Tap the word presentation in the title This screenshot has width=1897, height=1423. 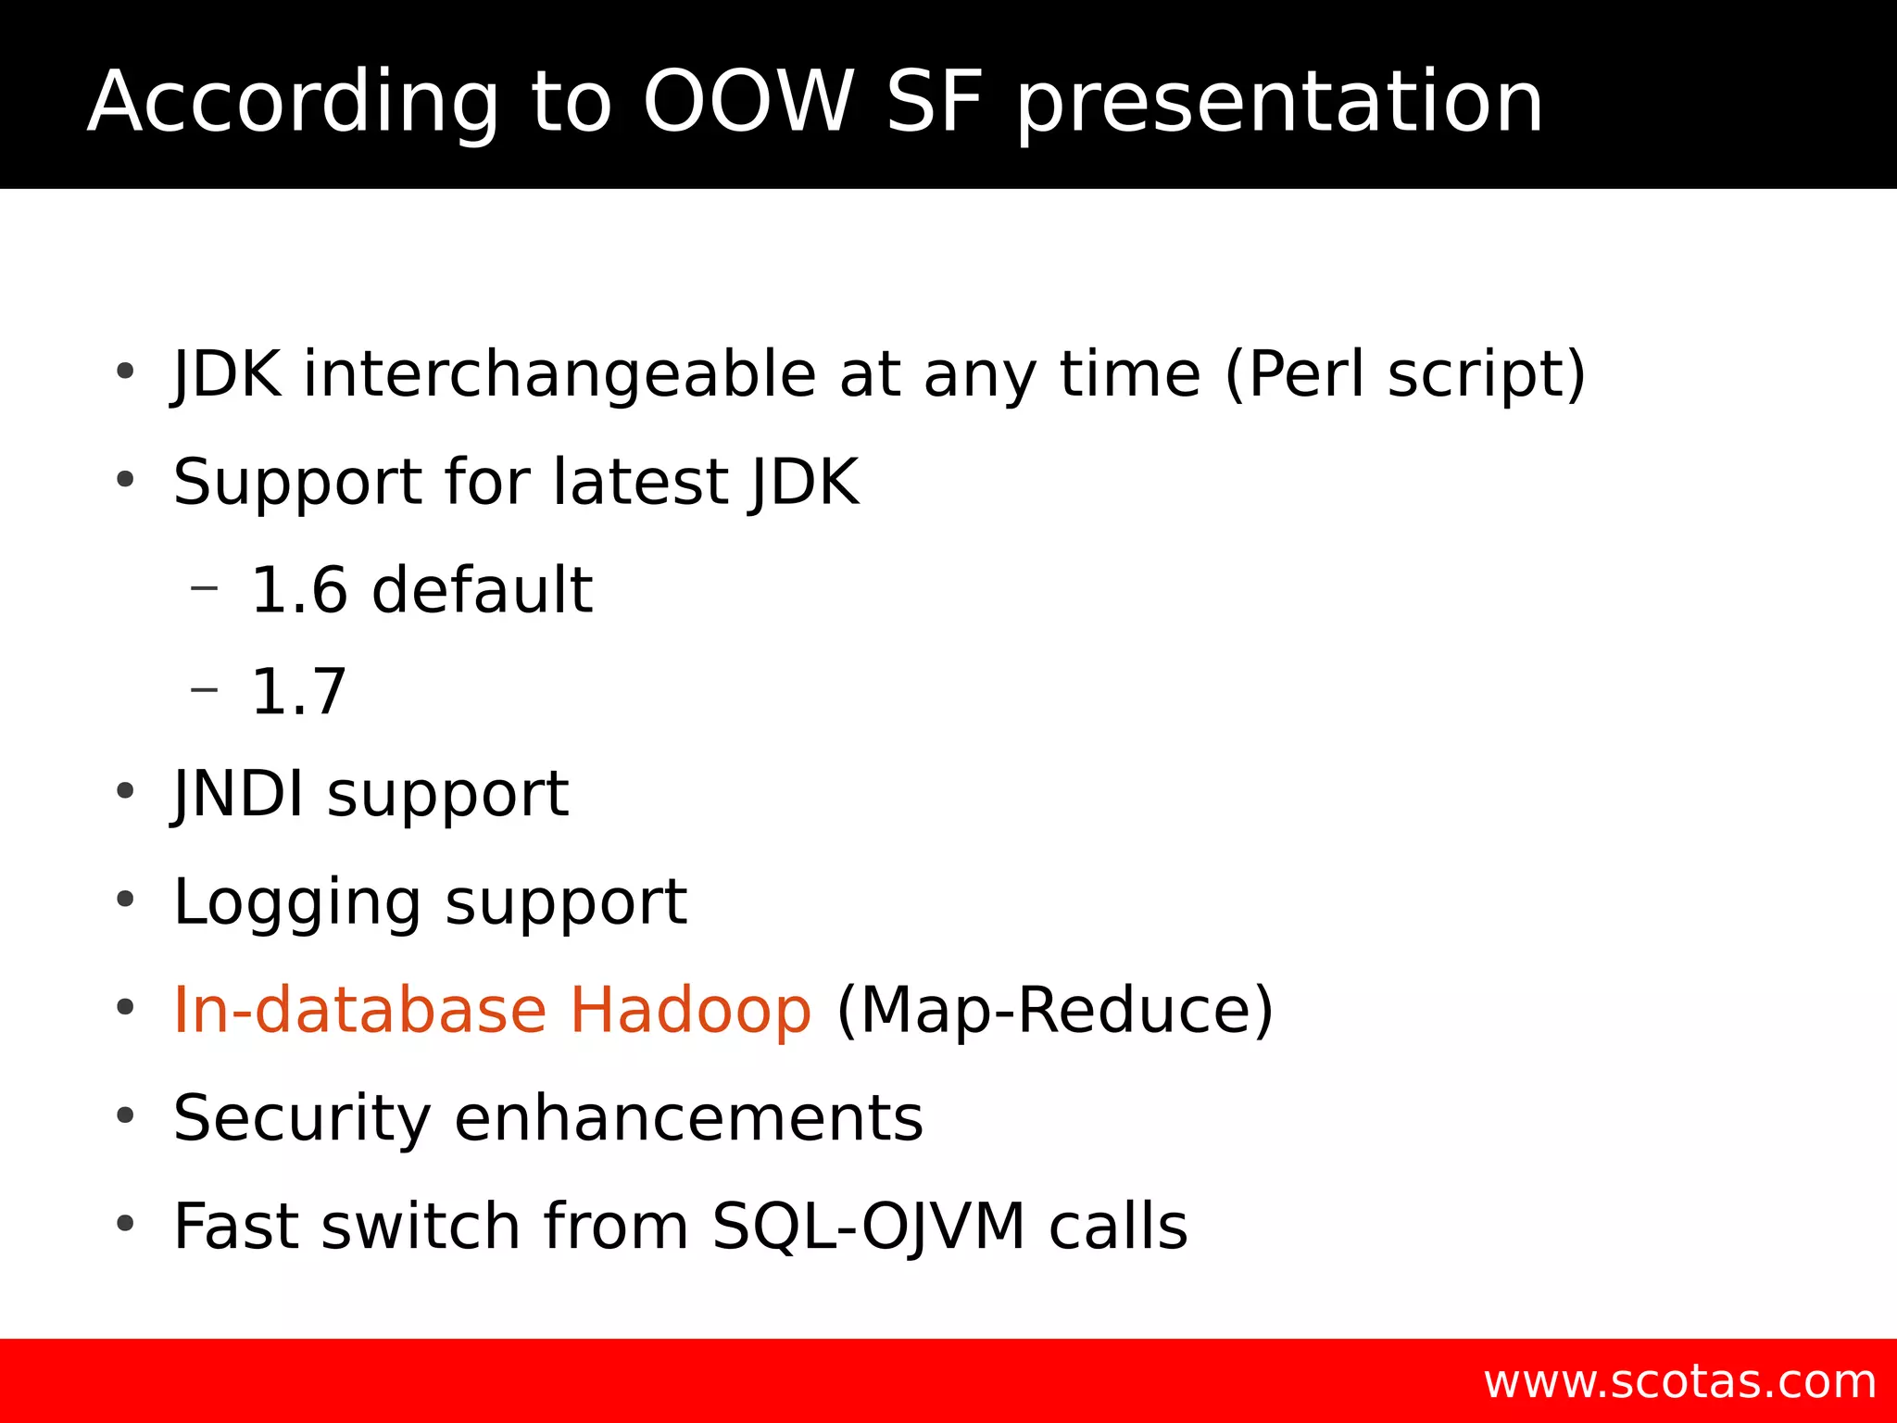1279,104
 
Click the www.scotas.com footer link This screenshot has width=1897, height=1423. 1679,1381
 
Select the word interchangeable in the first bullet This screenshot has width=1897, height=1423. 559,374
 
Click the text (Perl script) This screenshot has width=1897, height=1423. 1405,374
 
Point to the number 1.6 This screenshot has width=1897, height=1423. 298,590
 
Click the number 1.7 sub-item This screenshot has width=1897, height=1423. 298,692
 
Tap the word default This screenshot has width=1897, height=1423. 482,590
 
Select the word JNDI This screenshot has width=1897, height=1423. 239,794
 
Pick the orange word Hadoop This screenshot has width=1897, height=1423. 690,1010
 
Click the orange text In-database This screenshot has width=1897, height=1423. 360,1010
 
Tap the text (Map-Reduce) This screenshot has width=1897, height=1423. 1055,1010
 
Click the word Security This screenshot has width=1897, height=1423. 302,1118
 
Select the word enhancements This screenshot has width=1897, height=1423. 688,1118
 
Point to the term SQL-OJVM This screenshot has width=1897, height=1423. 868,1227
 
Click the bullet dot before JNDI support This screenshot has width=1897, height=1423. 125,792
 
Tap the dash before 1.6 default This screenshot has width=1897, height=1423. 204,586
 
